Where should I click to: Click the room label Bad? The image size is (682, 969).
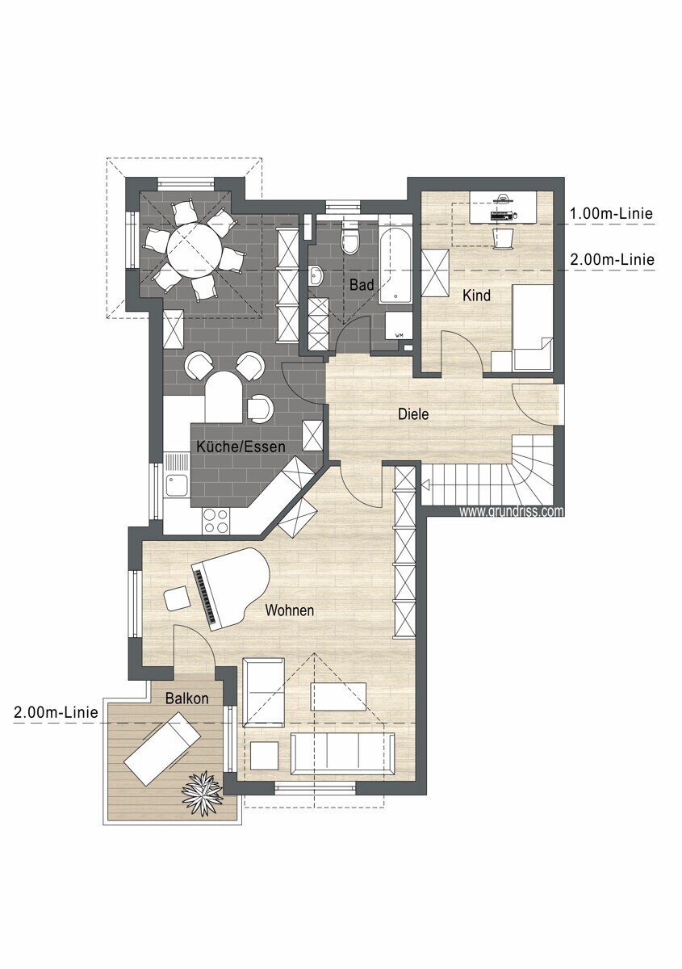point(361,284)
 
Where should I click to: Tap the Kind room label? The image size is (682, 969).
point(476,296)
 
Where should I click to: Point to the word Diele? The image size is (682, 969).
point(413,414)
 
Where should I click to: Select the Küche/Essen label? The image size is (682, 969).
point(241,447)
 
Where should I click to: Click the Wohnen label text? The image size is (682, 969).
point(289,610)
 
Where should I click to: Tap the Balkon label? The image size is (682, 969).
point(186,698)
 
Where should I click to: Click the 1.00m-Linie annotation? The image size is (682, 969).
point(611,214)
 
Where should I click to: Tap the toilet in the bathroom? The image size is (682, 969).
point(349,239)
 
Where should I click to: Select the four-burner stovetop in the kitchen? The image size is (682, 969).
point(215,521)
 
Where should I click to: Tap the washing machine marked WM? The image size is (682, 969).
point(399,325)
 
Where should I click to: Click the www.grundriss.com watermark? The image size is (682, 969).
point(512,511)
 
